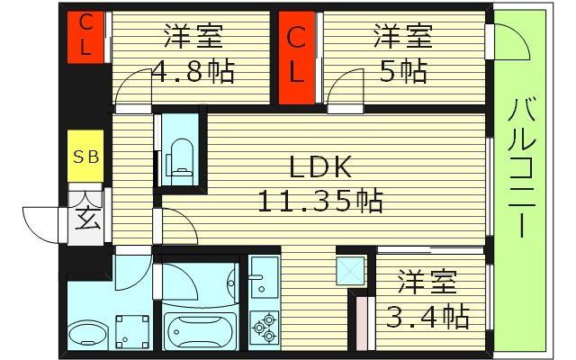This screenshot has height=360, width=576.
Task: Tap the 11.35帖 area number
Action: click(321, 200)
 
